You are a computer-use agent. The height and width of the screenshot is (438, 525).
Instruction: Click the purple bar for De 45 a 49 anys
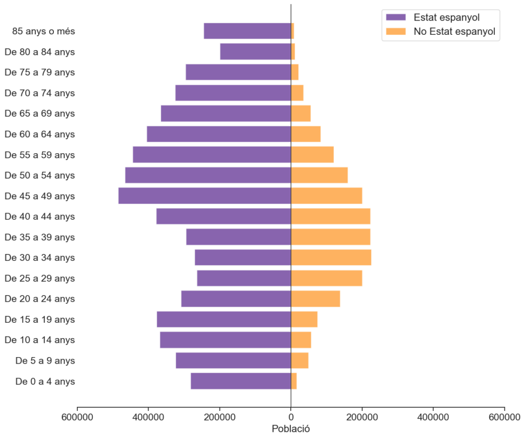(205, 196)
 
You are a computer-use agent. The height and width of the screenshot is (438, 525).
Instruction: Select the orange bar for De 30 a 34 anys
(331, 258)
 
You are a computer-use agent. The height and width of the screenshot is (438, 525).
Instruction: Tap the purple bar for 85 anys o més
(247, 31)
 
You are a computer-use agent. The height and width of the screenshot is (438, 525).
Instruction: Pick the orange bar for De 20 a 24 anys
(315, 299)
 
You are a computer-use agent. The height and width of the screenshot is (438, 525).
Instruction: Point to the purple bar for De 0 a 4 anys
(241, 381)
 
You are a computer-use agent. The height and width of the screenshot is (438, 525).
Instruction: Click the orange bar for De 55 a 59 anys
(312, 155)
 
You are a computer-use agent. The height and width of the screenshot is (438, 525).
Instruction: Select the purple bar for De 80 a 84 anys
(255, 52)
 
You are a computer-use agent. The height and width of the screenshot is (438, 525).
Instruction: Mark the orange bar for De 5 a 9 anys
(299, 361)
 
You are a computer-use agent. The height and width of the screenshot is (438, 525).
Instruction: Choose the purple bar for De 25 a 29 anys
(244, 278)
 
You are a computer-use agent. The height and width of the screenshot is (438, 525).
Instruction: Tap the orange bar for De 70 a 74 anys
(297, 93)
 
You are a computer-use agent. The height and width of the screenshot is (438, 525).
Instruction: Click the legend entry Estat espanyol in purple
(446, 18)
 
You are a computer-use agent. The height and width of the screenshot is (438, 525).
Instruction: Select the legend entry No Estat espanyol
(454, 32)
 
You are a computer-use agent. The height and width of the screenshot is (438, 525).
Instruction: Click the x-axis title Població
(291, 428)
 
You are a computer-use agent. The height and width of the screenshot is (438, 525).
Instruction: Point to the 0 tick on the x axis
(291, 417)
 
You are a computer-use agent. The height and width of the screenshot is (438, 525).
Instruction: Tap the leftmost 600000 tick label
(77, 417)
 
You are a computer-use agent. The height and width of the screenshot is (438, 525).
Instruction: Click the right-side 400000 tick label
(433, 417)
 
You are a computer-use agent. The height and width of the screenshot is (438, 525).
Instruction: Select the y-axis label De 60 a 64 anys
(39, 134)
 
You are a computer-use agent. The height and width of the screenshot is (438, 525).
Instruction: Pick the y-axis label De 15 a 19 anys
(39, 320)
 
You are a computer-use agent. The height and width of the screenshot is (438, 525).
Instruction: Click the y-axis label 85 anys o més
(44, 31)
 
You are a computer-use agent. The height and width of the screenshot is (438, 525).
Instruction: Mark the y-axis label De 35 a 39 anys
(39, 237)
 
